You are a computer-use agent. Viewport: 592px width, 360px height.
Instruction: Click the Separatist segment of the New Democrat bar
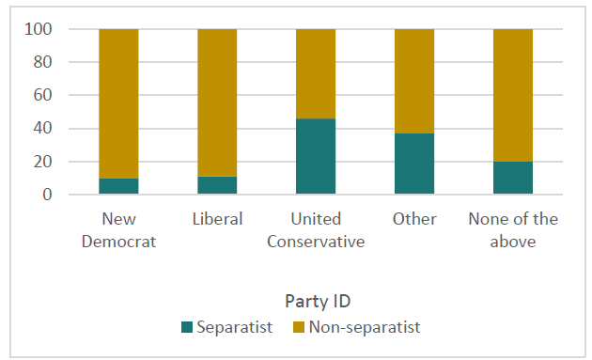[x=118, y=186]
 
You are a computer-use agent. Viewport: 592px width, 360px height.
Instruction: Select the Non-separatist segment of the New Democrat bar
[x=118, y=103]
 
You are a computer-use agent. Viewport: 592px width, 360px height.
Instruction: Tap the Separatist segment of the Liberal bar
[x=217, y=185]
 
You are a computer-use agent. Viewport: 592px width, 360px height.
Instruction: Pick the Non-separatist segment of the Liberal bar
[x=217, y=102]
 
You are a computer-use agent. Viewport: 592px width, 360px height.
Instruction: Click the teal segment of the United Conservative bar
[x=316, y=156]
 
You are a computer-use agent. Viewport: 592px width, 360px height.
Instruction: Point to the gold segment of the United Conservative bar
[x=316, y=73]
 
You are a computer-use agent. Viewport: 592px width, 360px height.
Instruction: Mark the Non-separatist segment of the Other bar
[x=414, y=81]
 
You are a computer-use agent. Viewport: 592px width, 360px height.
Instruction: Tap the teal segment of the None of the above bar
[x=513, y=178]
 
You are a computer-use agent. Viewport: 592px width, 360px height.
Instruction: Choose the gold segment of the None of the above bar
[x=513, y=95]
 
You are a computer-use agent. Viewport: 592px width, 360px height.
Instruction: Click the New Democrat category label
[x=118, y=229]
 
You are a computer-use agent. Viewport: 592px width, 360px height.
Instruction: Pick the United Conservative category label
[x=316, y=229]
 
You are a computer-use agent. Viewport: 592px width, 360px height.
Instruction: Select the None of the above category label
[x=513, y=229]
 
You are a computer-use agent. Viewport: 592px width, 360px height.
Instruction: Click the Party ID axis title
[x=316, y=302]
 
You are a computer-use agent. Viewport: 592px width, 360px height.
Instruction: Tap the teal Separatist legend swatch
[x=187, y=328]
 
